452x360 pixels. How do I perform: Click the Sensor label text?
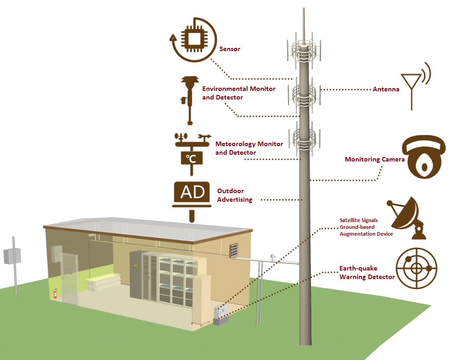coord(229,49)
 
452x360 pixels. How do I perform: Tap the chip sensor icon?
coord(193,39)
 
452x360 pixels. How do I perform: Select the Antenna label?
coord(386,90)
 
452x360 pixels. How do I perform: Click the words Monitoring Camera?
coord(375,159)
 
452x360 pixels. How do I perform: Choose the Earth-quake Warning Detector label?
coord(367,273)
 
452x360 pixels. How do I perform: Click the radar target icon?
coord(417,268)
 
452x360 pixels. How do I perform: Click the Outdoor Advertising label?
coord(235,195)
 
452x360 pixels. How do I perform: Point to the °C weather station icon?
coord(192,154)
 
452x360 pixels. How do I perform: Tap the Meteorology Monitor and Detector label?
coord(249,148)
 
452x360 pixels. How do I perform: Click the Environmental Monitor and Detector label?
coord(239,93)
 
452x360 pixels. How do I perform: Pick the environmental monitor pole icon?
coord(190,100)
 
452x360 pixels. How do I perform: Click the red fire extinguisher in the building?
coord(55,294)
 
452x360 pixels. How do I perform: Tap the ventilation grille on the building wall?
coord(234,250)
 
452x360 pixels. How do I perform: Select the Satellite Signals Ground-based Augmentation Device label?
coord(366,227)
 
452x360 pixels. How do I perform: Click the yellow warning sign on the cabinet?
coord(135,265)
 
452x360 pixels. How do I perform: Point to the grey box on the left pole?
coord(12,256)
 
